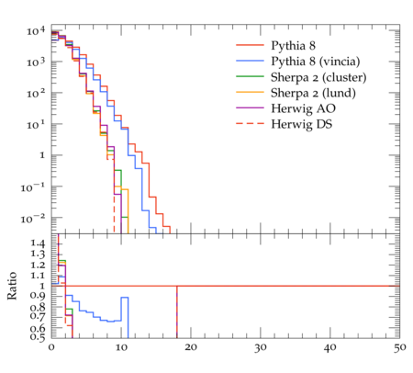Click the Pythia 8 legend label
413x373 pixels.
click(x=293, y=46)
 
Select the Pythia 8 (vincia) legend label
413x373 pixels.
click(x=316, y=62)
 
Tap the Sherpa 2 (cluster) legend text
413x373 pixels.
click(x=318, y=77)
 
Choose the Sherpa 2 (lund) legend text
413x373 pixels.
click(x=313, y=93)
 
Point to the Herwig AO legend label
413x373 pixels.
click(x=303, y=108)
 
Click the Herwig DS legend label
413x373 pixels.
click(x=302, y=124)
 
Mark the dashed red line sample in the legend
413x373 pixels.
click(x=250, y=123)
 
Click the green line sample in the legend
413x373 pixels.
click(x=250, y=76)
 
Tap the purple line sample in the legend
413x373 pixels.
click(x=250, y=107)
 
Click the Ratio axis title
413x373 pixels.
click(x=12, y=286)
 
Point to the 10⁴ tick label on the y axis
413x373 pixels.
click(x=36, y=31)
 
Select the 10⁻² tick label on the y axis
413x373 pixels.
click(x=33, y=219)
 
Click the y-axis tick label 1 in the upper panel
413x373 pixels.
click(x=42, y=155)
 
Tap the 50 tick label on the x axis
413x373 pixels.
click(x=400, y=347)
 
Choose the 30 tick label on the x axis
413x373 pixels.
click(x=261, y=347)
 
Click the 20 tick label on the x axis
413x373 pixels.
click(x=191, y=347)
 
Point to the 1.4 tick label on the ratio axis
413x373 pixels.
click(x=38, y=243)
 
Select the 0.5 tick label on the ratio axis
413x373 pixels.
click(x=38, y=336)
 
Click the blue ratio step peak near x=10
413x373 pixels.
click(x=125, y=297)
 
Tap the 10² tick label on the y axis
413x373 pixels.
click(x=36, y=93)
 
